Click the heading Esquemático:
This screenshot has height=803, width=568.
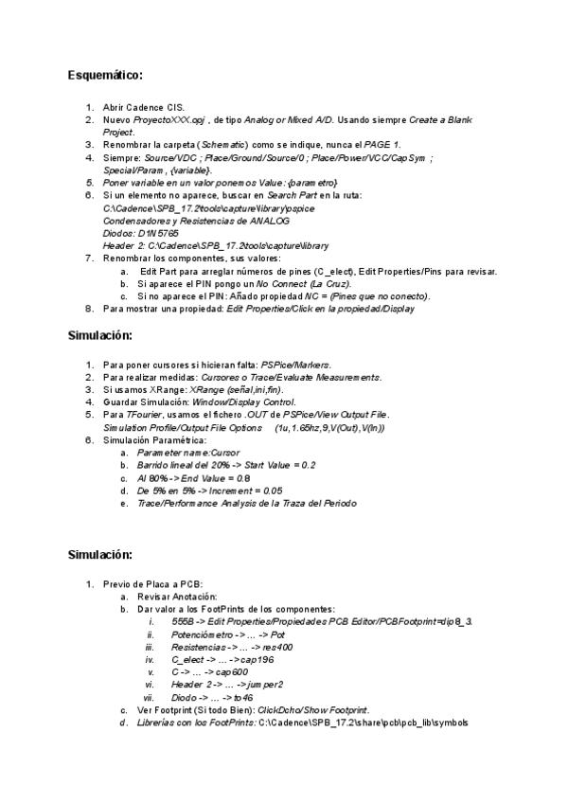[106, 74]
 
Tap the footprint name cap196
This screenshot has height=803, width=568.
[257, 659]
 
